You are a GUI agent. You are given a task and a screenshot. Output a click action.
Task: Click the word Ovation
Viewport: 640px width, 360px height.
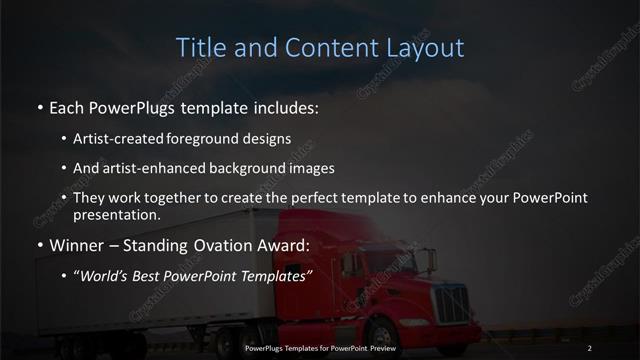click(240, 244)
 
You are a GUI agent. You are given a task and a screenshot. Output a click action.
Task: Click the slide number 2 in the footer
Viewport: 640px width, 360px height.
click(590, 347)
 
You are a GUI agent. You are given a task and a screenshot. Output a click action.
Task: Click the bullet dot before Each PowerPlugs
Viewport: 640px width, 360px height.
click(39, 106)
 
